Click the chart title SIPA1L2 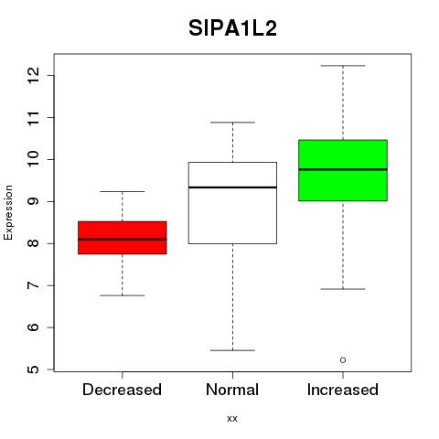click(232, 28)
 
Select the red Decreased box click(123, 238)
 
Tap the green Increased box click(343, 170)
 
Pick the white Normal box click(232, 203)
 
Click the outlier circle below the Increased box click(343, 360)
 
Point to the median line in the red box click(123, 240)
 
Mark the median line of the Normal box click(232, 187)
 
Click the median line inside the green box click(343, 169)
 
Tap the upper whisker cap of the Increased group click(343, 66)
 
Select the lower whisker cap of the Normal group click(232, 350)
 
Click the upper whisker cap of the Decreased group click(123, 191)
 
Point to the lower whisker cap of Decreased click(123, 295)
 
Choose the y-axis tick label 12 click(34, 75)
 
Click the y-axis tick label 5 click(34, 369)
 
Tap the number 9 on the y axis click(34, 201)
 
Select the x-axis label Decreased click(122, 390)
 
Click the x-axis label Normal click(232, 390)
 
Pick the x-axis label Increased click(343, 390)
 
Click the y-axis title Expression click(8, 212)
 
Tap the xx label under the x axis click(232, 419)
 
